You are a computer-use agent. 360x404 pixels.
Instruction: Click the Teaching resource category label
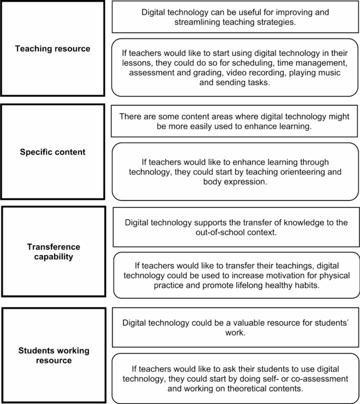pyautogui.click(x=52, y=48)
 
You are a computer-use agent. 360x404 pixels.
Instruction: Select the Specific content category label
pyautogui.click(x=52, y=152)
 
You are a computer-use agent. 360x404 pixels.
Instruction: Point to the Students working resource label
pyautogui.click(x=54, y=355)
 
